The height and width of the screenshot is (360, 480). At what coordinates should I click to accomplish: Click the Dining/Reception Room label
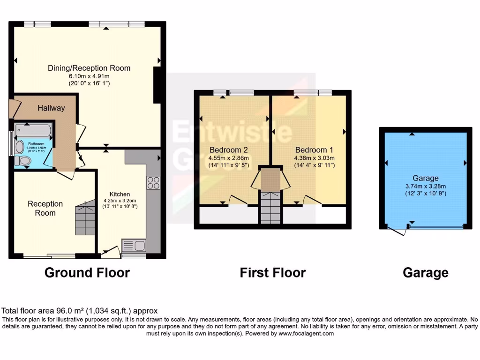point(89,68)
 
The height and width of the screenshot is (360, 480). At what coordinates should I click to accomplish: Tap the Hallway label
point(52,108)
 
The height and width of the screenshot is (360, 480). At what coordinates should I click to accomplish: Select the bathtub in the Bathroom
point(34,129)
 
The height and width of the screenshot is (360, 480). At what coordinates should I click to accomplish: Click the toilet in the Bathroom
point(22,161)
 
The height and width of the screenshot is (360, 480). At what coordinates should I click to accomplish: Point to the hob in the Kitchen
point(153,182)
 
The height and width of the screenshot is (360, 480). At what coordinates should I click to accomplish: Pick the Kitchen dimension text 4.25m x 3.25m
point(120,201)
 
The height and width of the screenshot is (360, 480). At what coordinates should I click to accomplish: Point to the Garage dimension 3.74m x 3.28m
point(426,186)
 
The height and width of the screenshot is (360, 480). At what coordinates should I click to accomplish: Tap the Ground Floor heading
point(87,272)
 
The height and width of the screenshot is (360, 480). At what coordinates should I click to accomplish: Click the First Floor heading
point(273,272)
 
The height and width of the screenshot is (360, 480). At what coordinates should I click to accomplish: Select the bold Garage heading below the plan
point(425,272)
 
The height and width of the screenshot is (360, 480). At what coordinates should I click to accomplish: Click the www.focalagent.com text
point(307,334)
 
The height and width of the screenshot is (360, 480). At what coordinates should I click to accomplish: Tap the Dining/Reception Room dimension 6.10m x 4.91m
point(89,76)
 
